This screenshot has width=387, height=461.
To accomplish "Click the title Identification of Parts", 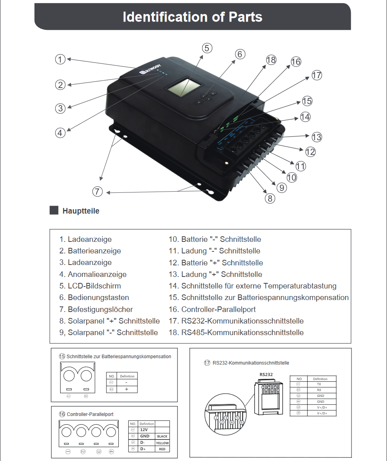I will point(193,17).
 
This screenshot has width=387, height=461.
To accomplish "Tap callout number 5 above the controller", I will point(206,48).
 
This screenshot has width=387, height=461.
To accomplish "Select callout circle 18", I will point(271,60).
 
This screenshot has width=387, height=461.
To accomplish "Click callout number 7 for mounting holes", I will point(98,192).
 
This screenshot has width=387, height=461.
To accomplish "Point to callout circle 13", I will point(316,137).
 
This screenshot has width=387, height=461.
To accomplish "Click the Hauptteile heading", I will point(81,211).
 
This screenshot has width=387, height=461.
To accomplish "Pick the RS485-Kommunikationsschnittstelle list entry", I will point(236,332).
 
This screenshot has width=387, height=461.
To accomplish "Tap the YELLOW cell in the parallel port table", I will point(162,443).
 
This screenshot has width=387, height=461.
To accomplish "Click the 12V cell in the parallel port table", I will point(144,430).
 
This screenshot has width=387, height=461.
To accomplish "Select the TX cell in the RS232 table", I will point(319,384).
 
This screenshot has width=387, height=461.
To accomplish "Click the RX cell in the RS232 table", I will point(319,390).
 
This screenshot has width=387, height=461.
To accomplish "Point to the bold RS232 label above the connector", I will point(266,375).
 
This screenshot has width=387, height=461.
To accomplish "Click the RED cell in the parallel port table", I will point(162,449).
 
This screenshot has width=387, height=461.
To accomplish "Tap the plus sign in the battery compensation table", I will point(126,389).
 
